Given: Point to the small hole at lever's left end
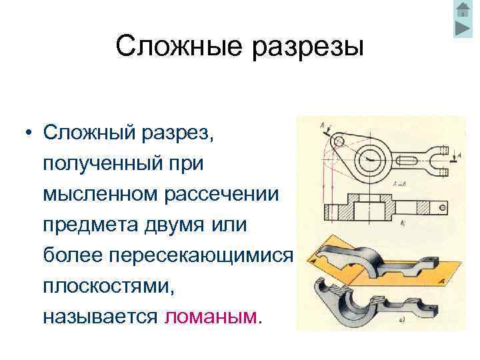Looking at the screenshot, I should coord(339,141).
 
